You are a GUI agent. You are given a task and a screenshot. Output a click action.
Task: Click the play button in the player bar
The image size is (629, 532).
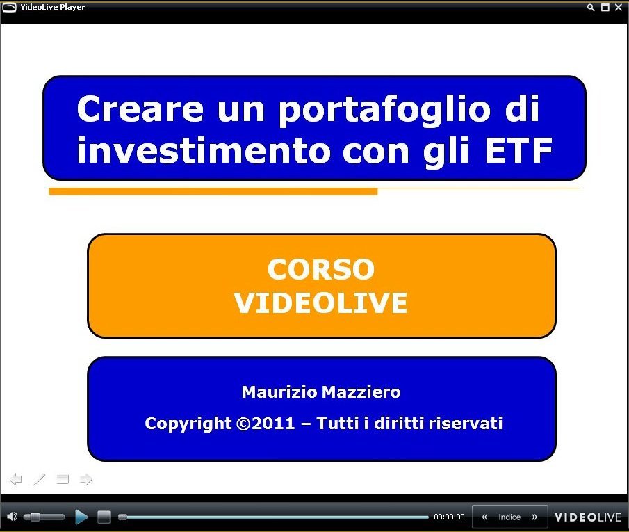click(81, 517)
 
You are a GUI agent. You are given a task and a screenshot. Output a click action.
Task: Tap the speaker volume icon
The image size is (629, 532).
click(13, 517)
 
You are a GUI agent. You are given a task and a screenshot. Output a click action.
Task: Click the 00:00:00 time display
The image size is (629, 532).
click(449, 517)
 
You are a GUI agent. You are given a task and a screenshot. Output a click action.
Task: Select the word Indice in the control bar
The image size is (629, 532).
click(509, 517)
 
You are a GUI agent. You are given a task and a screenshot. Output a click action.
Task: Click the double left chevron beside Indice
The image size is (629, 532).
click(484, 517)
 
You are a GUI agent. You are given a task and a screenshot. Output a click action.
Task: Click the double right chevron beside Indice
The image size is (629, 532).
click(534, 517)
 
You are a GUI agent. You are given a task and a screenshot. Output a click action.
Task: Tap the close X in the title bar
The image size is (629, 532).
click(619, 7)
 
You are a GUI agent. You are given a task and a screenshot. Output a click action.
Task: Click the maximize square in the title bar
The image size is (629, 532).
click(605, 7)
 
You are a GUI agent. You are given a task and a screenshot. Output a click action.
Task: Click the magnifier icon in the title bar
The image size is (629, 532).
click(591, 7)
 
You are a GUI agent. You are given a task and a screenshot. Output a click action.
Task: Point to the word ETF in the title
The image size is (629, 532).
click(518, 151)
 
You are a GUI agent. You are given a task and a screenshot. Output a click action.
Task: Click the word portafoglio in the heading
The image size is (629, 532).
click(384, 110)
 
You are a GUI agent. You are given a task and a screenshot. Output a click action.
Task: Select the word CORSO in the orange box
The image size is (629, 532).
click(321, 269)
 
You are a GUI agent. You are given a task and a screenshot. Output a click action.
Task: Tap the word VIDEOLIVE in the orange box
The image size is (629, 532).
click(321, 303)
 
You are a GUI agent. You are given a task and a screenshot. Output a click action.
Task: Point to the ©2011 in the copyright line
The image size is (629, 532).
click(266, 424)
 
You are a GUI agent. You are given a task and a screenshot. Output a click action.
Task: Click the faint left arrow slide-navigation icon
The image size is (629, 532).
click(16, 479)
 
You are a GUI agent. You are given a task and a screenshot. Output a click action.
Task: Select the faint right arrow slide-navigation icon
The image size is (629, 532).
click(86, 479)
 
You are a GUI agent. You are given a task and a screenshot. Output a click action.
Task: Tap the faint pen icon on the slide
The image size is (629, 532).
click(40, 479)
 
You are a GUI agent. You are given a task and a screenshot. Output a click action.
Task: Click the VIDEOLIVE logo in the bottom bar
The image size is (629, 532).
click(588, 517)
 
